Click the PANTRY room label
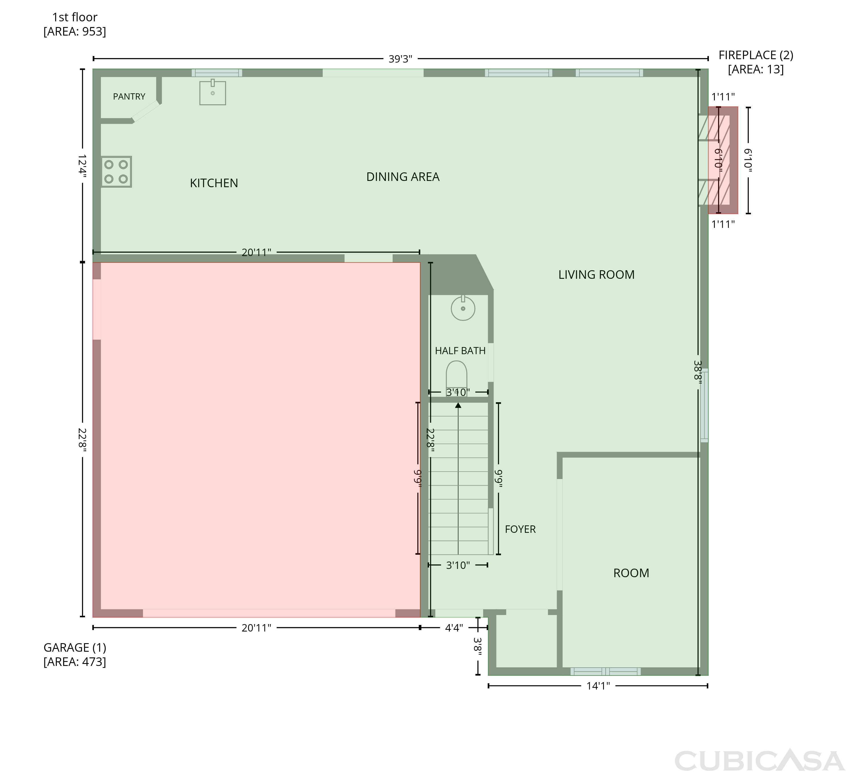pyautogui.click(x=129, y=96)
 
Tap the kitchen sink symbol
pyautogui.click(x=212, y=92)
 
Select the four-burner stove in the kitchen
pyautogui.click(x=116, y=172)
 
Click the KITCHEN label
pyautogui.click(x=214, y=183)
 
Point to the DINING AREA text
pyautogui.click(x=403, y=177)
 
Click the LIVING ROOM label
pyautogui.click(x=597, y=275)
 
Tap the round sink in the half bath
pyautogui.click(x=463, y=308)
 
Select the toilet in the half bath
pyautogui.click(x=457, y=377)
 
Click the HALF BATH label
pyautogui.click(x=460, y=351)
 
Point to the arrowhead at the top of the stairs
pyautogui.click(x=458, y=405)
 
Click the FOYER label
pyautogui.click(x=520, y=529)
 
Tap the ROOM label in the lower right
pyautogui.click(x=631, y=573)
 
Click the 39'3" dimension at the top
pyautogui.click(x=400, y=59)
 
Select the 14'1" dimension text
pyautogui.click(x=598, y=686)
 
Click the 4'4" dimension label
pyautogui.click(x=454, y=628)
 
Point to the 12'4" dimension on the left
pyautogui.click(x=82, y=166)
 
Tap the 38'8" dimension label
pyautogui.click(x=698, y=372)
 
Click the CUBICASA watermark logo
pyautogui.click(x=759, y=761)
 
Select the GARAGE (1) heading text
pyautogui.click(x=75, y=648)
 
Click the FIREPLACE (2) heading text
pyautogui.click(x=756, y=55)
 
